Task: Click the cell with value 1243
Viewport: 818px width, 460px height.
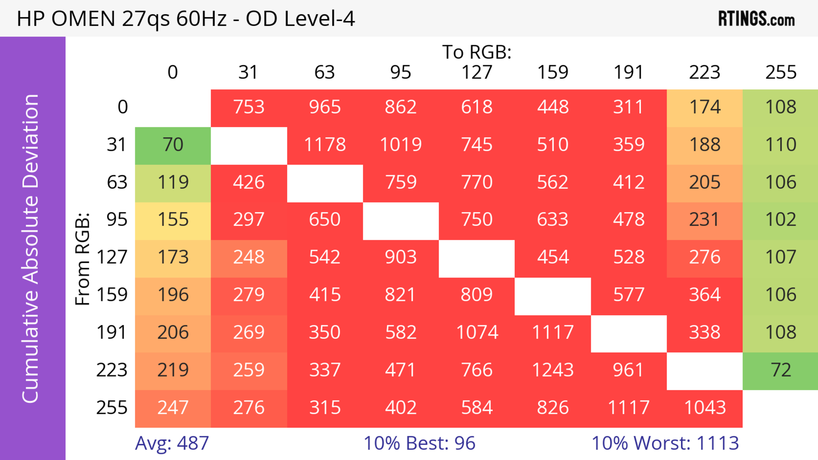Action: (553, 370)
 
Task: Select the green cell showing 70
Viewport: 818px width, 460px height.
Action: (173, 145)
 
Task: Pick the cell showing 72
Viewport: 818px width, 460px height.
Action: (781, 370)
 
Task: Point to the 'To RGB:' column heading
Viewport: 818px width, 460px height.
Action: (477, 52)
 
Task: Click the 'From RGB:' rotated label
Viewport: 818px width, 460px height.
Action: (83, 259)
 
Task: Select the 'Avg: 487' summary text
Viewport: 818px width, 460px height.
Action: (172, 443)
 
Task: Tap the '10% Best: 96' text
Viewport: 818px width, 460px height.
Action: (419, 443)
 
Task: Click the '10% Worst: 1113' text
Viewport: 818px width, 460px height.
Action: (665, 443)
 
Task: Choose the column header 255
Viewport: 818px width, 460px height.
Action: (781, 72)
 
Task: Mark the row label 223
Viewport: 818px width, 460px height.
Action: (112, 370)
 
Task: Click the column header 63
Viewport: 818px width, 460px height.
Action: (324, 72)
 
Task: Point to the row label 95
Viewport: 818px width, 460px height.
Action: (117, 219)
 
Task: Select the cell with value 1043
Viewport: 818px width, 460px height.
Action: (705, 408)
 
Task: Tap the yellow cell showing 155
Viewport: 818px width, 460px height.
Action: (173, 219)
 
